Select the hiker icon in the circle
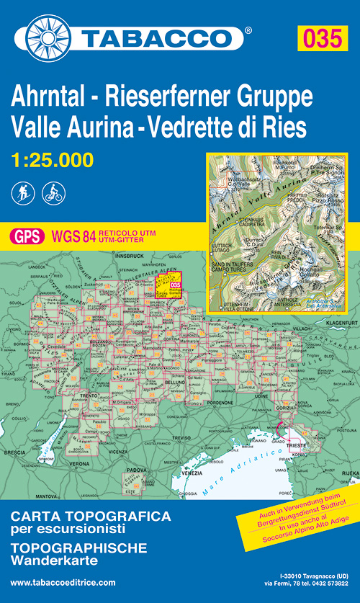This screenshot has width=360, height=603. (23, 193)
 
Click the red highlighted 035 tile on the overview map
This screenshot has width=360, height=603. (174, 284)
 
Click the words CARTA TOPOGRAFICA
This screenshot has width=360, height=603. (90, 517)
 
